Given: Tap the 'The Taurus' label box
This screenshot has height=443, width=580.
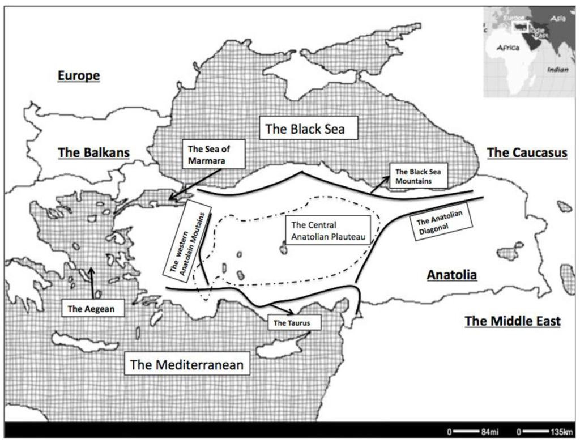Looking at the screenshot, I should click(290, 323).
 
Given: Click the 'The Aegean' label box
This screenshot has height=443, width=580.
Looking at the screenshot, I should click(87, 309).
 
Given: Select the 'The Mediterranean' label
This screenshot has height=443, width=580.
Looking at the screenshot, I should click(187, 365).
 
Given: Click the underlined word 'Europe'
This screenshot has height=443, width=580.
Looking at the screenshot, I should click(79, 75).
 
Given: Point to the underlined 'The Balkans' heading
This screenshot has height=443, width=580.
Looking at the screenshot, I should click(94, 152).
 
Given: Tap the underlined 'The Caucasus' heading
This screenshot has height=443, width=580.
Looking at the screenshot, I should click(527, 152).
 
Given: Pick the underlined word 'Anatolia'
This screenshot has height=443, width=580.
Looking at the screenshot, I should click(451, 275).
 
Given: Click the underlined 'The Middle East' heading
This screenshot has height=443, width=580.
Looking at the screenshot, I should click(513, 321).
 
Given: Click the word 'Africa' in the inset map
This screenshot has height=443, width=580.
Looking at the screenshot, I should click(507, 49).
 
